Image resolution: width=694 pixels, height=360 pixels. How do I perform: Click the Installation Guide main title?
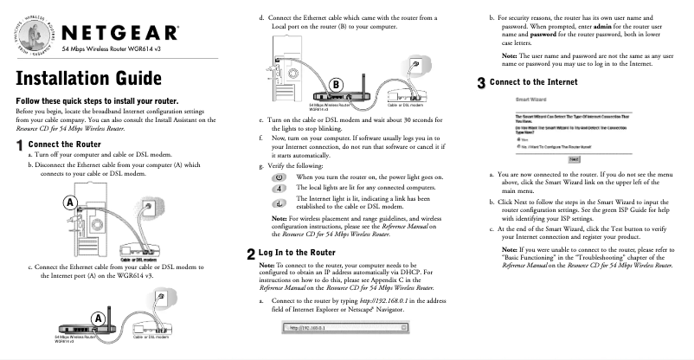pyautogui.click(x=88, y=79)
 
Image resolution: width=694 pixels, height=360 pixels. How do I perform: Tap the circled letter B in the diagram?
pyautogui.click(x=337, y=85)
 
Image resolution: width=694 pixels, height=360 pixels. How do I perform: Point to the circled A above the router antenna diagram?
pyautogui.click(x=100, y=318)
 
